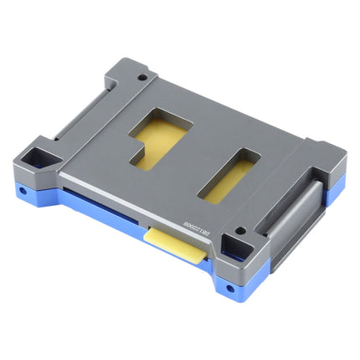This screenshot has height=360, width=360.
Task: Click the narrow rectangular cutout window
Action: [x=231, y=175]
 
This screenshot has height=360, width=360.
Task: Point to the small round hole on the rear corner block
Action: [x=141, y=78]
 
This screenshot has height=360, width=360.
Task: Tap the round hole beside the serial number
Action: [x=240, y=231]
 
